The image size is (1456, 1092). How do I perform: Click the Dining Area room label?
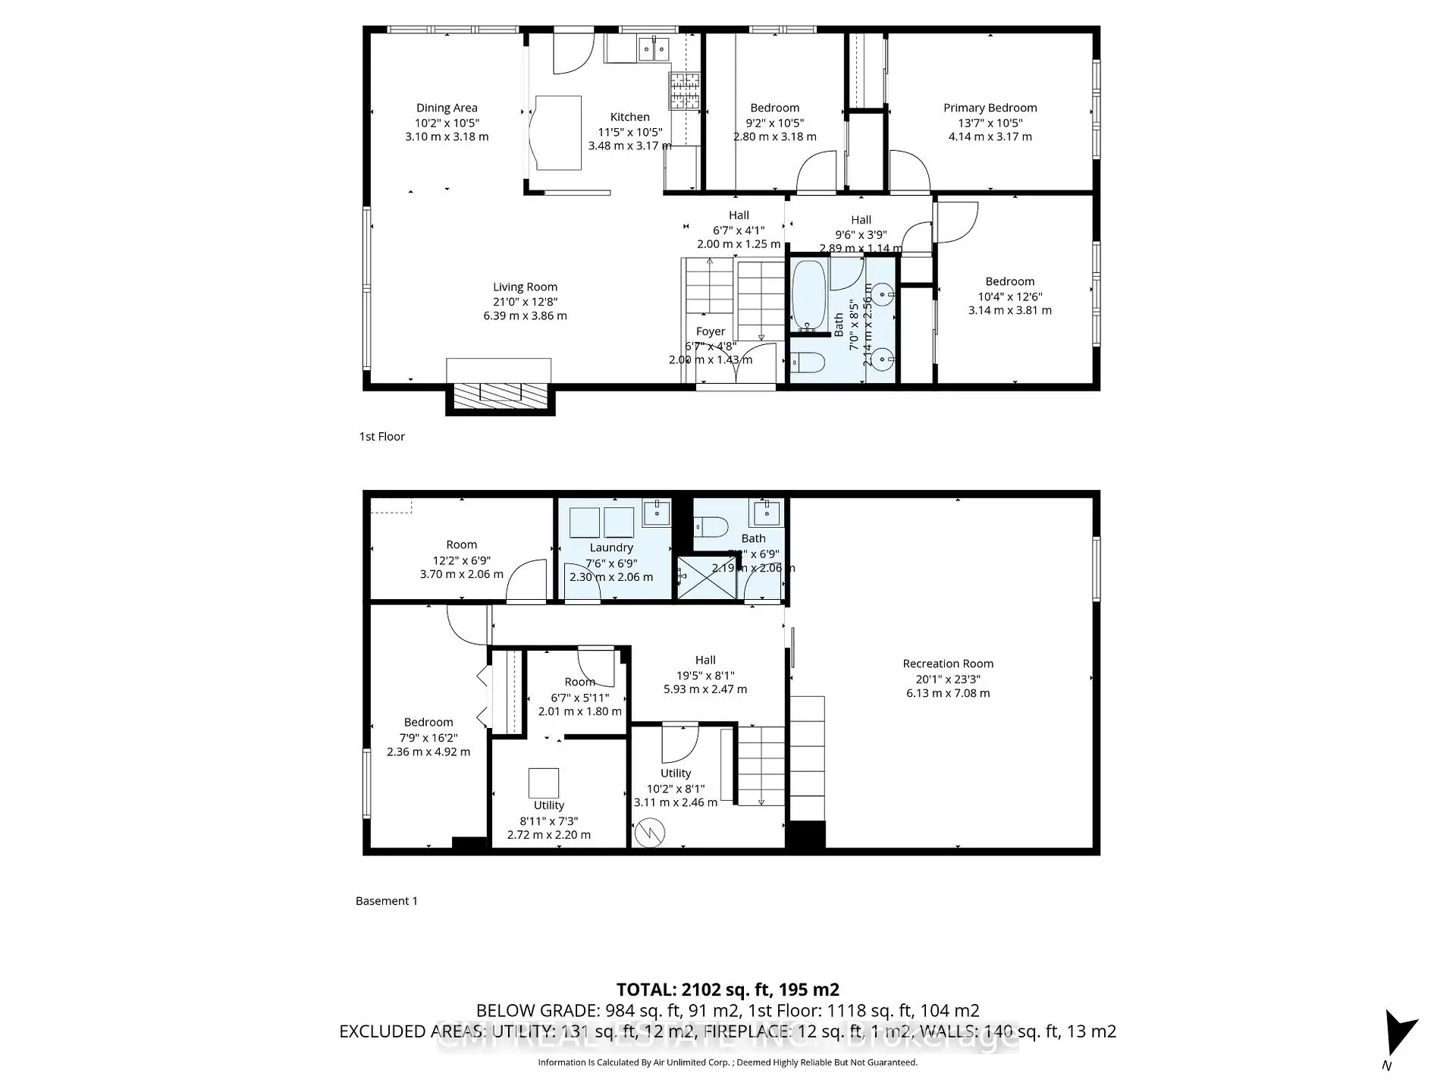447,108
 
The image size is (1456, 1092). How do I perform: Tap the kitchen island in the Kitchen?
558,133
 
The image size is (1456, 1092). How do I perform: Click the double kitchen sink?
654,50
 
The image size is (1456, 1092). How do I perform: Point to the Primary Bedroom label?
990,108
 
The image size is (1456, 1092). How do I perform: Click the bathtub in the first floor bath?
808,296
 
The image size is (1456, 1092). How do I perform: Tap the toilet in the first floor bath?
808,363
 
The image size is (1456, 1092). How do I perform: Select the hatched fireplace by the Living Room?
500,394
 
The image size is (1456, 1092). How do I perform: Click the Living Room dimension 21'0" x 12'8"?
525,302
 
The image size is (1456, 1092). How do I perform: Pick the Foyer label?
711,331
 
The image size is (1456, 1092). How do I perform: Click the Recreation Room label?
948,664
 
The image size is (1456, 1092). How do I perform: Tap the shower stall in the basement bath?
706,578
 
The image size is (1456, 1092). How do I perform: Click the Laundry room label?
611,548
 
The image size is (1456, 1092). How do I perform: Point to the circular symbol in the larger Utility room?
650,833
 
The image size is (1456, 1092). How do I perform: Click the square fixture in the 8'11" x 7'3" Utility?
543,783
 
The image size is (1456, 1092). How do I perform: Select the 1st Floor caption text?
382,437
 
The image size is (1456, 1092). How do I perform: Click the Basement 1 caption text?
387,901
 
